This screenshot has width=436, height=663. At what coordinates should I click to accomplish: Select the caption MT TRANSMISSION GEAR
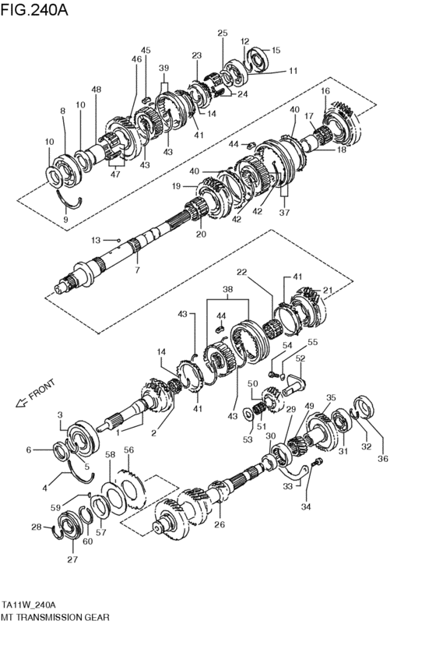click(55, 616)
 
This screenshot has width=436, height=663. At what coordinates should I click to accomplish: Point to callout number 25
click(223, 34)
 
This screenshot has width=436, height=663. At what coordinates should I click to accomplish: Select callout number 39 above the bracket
click(163, 69)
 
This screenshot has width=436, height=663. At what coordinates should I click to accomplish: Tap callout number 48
click(96, 90)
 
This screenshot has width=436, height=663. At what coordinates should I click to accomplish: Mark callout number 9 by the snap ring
click(65, 220)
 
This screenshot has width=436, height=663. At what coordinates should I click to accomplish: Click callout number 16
click(325, 92)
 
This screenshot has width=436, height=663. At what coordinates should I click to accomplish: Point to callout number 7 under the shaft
click(137, 270)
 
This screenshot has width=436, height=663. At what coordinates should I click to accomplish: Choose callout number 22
click(242, 272)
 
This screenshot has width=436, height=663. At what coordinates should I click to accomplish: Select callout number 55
click(312, 342)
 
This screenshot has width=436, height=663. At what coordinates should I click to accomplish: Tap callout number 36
click(382, 459)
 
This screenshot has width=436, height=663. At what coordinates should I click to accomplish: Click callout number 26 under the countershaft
click(220, 524)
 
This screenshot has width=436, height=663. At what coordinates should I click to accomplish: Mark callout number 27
click(73, 559)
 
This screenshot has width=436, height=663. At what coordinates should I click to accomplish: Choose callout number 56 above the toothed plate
click(129, 450)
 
